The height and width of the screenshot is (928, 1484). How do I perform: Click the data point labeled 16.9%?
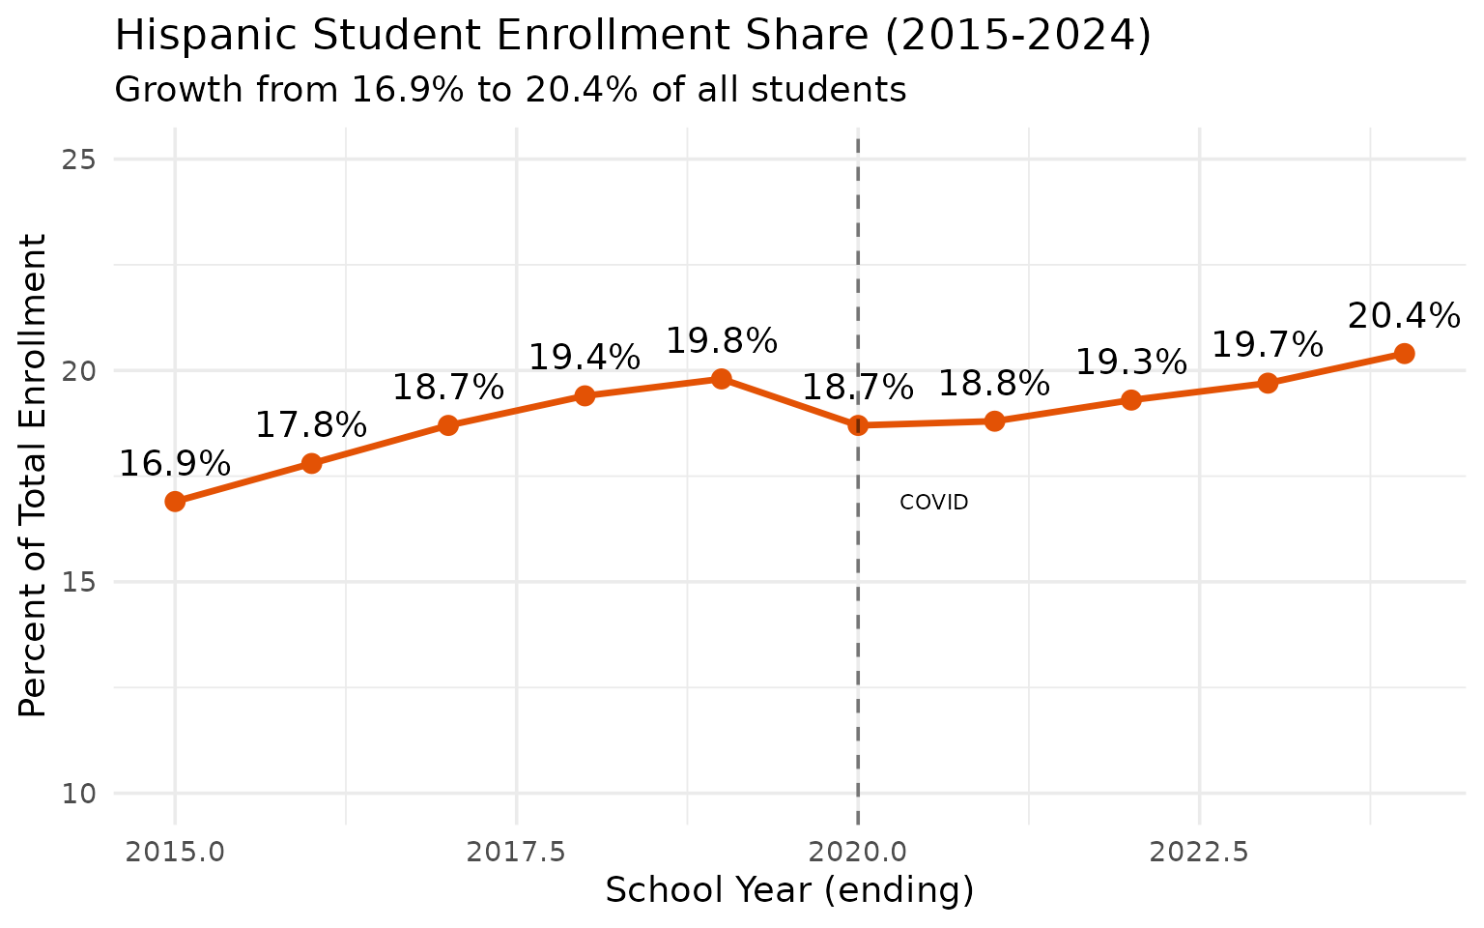(175, 501)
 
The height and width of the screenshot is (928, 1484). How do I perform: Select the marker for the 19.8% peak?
(721, 378)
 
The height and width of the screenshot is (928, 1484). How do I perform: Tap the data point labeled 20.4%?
(1404, 354)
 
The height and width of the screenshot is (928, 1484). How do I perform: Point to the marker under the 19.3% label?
(1130, 399)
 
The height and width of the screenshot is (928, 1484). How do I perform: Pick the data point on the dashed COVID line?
(858, 425)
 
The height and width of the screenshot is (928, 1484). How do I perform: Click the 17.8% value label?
(311, 425)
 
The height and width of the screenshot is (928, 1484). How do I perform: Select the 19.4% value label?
(584, 358)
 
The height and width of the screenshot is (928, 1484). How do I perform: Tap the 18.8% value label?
(994, 384)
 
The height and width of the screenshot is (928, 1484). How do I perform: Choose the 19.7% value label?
(1267, 344)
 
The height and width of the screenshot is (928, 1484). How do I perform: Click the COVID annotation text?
(933, 503)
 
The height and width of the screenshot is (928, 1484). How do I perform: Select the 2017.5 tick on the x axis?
(516, 852)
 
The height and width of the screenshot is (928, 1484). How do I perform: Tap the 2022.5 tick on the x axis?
(1199, 852)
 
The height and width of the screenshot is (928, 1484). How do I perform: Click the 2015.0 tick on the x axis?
(175, 852)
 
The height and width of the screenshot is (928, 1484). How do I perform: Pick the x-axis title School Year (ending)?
(789, 890)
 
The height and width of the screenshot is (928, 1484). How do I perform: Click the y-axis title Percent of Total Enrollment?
(34, 476)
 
